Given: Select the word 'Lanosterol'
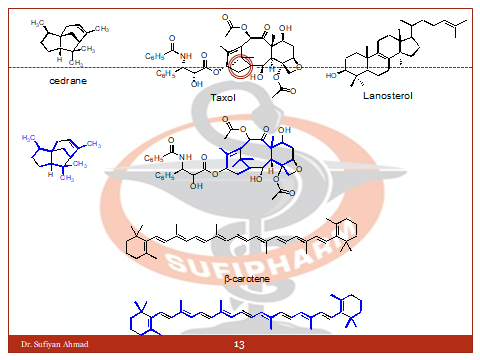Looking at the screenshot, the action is [x=387, y=96].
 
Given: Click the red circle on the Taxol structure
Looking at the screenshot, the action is [x=239, y=68].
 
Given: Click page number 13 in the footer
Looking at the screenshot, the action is [x=239, y=345].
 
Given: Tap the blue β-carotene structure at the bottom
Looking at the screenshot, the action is [x=239, y=312].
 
